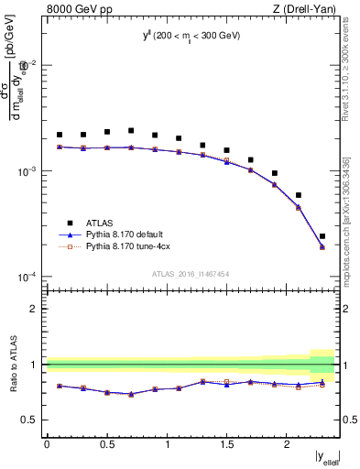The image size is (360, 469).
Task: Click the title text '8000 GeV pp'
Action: [75, 10]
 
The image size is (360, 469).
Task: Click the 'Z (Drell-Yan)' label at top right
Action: [306, 10]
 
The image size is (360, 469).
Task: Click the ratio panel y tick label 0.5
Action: [32, 420]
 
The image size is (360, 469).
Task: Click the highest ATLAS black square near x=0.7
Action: [131, 131]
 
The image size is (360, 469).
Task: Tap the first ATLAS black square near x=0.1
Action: [60, 135]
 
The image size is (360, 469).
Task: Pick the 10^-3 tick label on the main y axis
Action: [30, 171]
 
